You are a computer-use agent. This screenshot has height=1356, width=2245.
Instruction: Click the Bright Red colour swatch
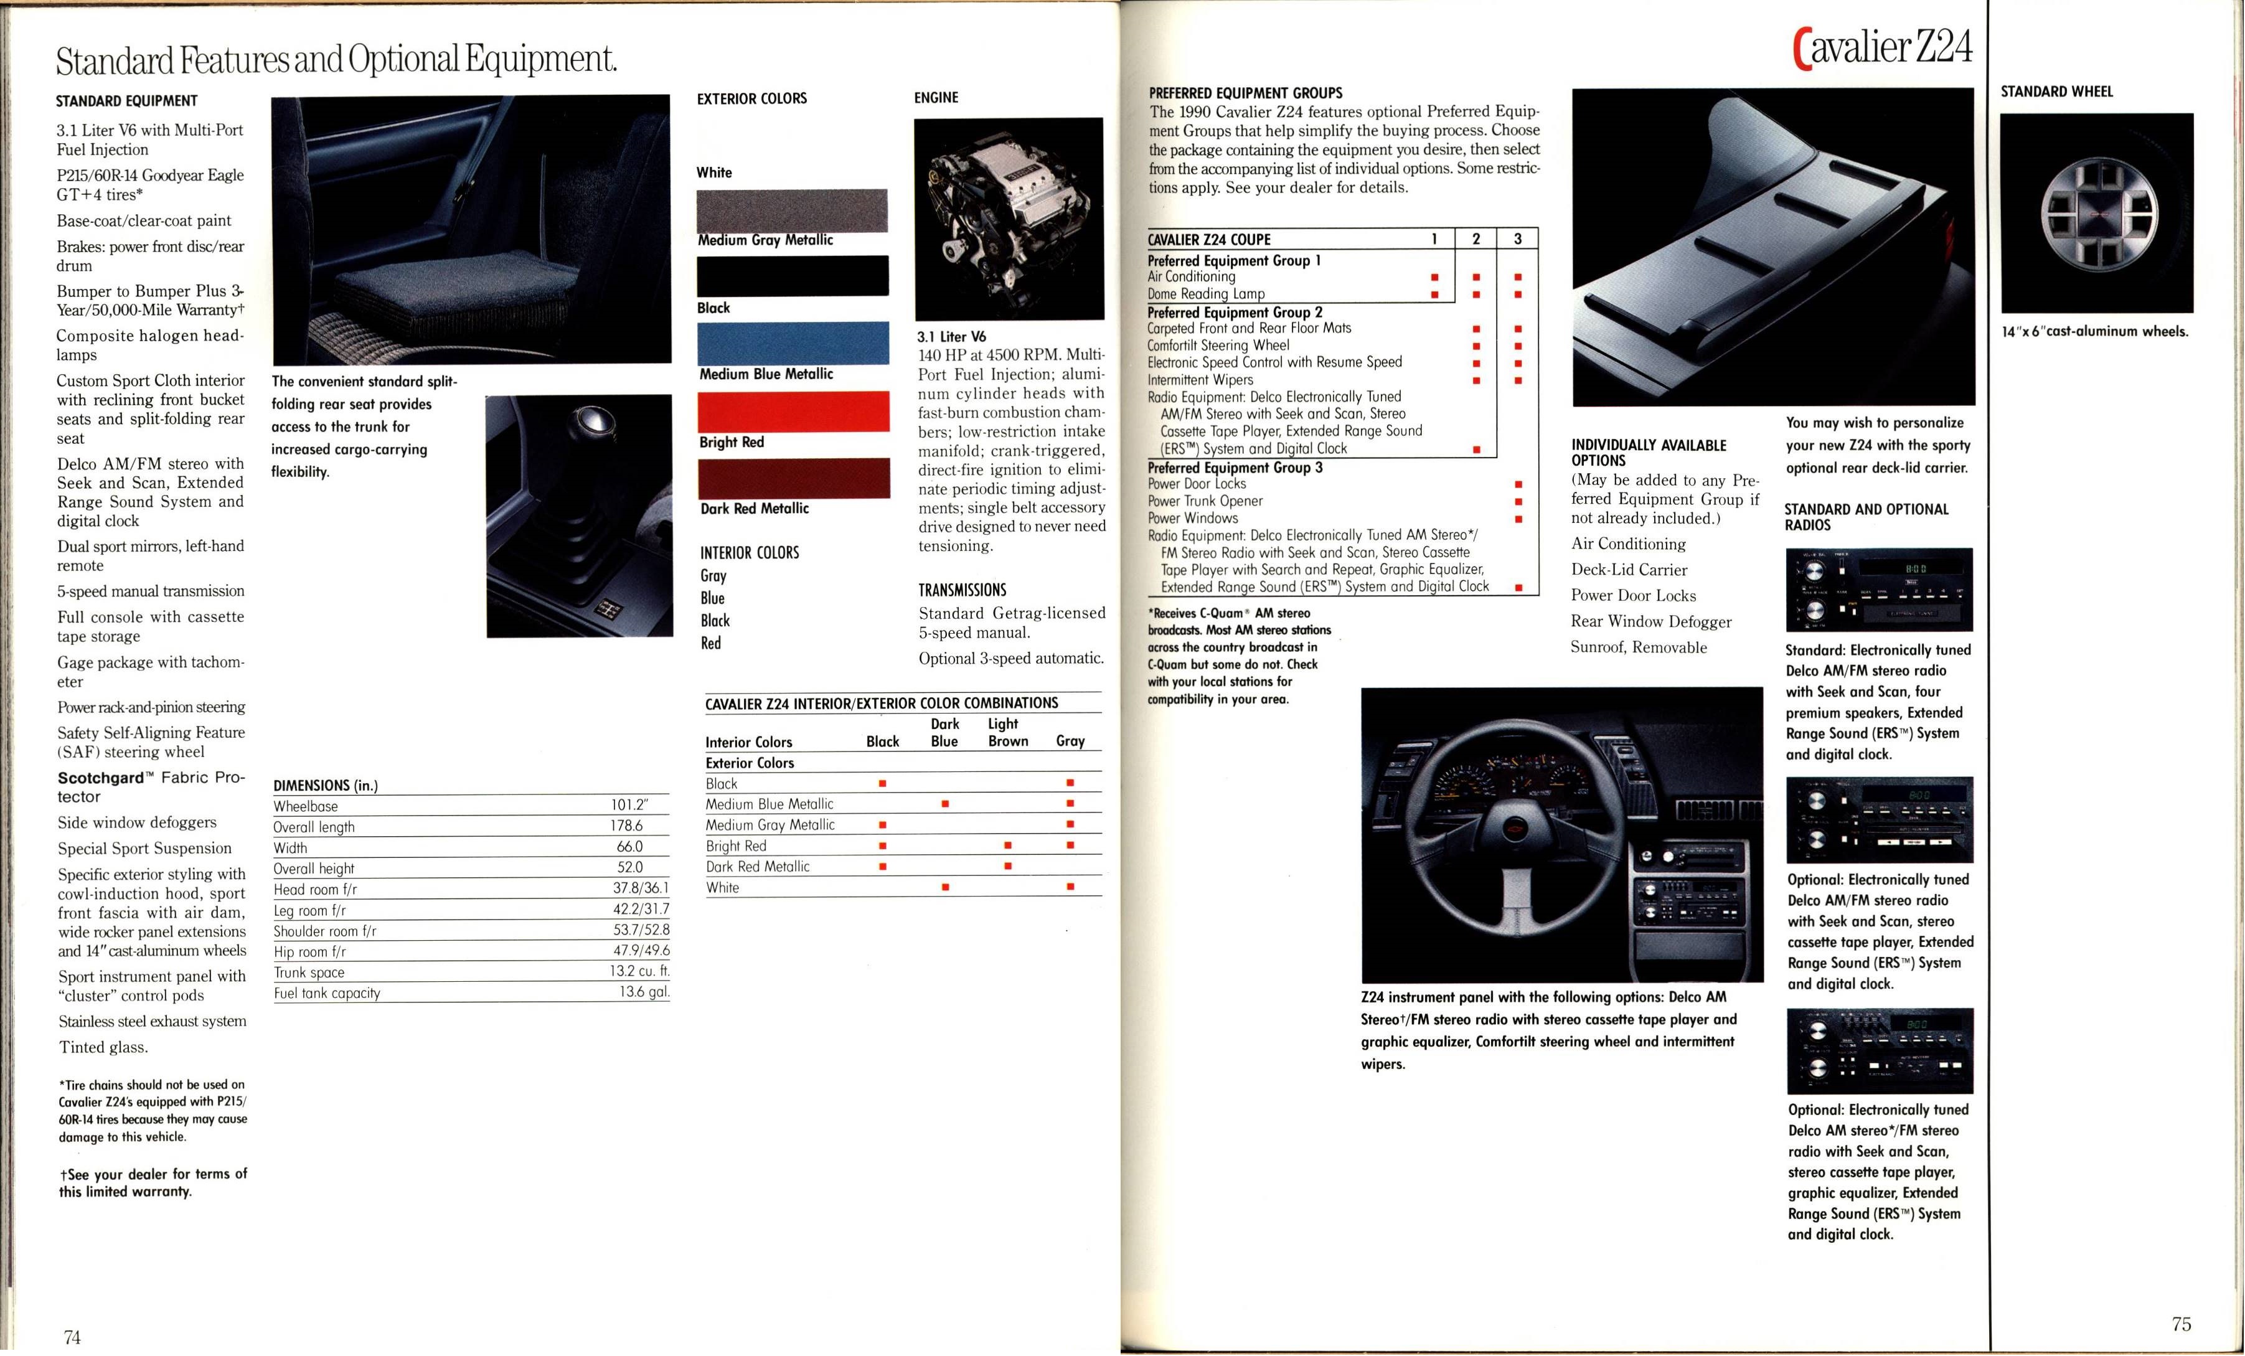pyautogui.click(x=793, y=411)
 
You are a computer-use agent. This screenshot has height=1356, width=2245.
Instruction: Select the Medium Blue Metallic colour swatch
pyautogui.click(x=793, y=342)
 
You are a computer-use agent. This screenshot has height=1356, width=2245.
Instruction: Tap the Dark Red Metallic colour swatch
pyautogui.click(x=793, y=478)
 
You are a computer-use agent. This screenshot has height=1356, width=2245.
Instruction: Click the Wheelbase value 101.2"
pyautogui.click(x=629, y=804)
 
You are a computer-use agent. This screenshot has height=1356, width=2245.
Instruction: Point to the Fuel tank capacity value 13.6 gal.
pyautogui.click(x=643, y=992)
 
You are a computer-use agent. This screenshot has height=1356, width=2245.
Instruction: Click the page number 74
pyautogui.click(x=72, y=1337)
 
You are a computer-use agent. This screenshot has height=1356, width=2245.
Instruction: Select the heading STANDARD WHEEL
pyautogui.click(x=2056, y=91)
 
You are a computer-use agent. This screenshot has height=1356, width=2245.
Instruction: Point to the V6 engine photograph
pyautogui.click(x=1008, y=219)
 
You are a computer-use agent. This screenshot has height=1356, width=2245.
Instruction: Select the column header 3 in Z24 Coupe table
pyautogui.click(x=1517, y=238)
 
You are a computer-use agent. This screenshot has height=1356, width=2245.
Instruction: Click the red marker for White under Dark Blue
pyautogui.click(x=945, y=887)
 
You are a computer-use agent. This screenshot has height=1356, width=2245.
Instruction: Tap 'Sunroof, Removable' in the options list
pyautogui.click(x=1638, y=647)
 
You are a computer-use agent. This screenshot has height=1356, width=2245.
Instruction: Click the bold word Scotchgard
pyautogui.click(x=100, y=778)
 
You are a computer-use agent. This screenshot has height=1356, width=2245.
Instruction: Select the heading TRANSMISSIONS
pyautogui.click(x=962, y=590)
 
